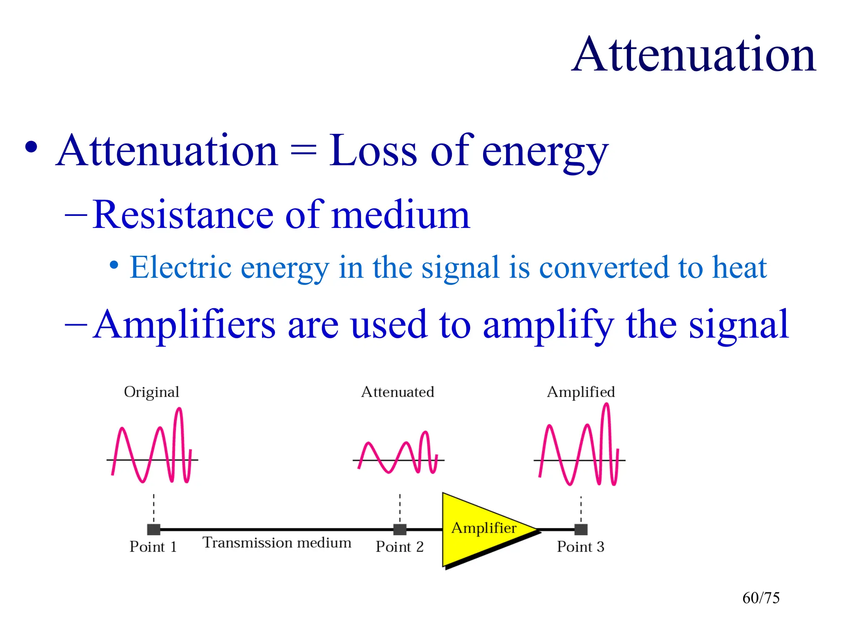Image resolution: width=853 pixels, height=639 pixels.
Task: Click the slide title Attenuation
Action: [693, 55]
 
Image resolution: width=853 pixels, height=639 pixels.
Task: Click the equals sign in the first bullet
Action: [303, 151]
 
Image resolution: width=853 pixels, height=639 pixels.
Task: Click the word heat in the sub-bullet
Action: [739, 267]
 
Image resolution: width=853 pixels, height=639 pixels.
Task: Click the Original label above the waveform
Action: [151, 392]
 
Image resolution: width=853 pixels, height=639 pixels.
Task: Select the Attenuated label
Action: [397, 392]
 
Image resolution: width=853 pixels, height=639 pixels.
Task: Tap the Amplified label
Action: [581, 392]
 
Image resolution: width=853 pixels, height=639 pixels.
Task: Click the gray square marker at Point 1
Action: [154, 530]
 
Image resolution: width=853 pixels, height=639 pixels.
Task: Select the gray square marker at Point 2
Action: [400, 530]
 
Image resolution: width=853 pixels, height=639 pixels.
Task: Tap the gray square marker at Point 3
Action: [581, 530]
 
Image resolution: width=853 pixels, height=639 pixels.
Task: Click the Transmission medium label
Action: [277, 542]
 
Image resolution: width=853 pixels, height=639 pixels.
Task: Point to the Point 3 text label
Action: [581, 547]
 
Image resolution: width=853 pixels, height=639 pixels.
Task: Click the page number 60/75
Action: [761, 598]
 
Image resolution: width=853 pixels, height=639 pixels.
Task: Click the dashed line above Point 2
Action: [400, 508]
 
